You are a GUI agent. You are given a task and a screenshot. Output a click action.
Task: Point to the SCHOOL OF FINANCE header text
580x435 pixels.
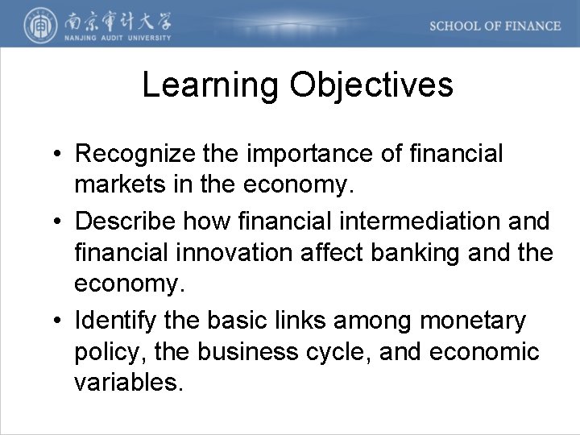[495, 26]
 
